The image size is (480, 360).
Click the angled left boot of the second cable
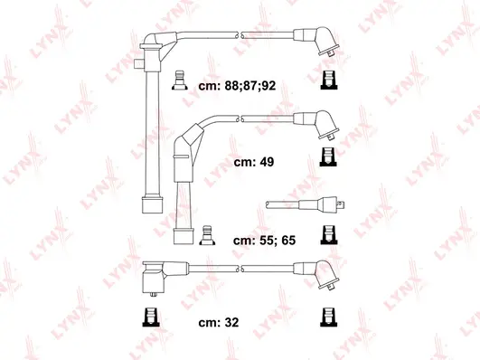click(x=184, y=147)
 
